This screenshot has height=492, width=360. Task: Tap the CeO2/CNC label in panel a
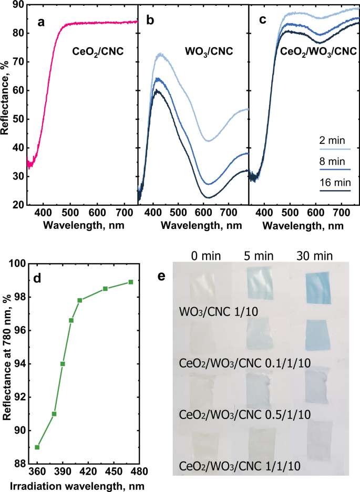98,52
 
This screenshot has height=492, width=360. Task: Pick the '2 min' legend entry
329,142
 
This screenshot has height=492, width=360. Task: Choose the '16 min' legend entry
331,183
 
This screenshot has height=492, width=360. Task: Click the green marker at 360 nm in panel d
37,447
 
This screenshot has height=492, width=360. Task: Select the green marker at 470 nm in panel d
131,282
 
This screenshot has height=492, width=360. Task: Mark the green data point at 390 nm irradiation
63,364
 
